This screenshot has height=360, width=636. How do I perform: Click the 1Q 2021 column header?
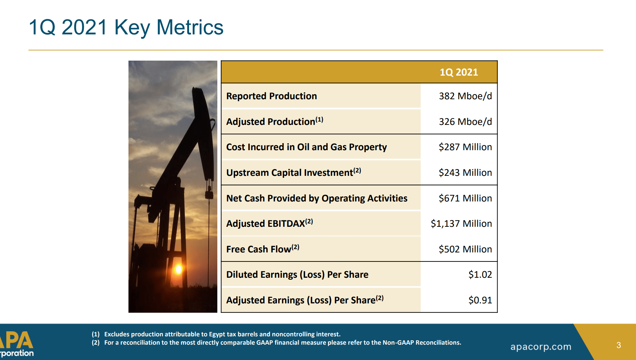coord(459,72)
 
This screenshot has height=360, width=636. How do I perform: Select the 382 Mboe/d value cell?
coord(465,96)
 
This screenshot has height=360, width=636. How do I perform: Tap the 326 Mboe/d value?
coord(465,122)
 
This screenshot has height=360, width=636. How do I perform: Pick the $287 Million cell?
coord(465,147)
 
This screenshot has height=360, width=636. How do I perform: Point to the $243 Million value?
coord(465,173)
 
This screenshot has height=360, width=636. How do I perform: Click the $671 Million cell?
coord(465,198)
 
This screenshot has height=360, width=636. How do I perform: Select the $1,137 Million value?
coord(461,224)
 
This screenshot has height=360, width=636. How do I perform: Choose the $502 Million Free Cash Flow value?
coord(465,249)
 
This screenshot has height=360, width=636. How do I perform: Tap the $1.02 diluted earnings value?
coord(480,275)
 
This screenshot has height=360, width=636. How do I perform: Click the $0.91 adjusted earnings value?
coord(480,300)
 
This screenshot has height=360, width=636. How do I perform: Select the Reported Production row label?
coord(271,96)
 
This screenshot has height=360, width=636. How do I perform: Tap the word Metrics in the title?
coord(190,27)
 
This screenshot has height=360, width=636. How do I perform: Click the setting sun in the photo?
coord(178,269)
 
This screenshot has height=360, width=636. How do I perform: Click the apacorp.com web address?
coord(540,347)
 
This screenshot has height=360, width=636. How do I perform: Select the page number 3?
coord(618,345)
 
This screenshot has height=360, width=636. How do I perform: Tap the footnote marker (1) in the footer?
coord(96,334)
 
